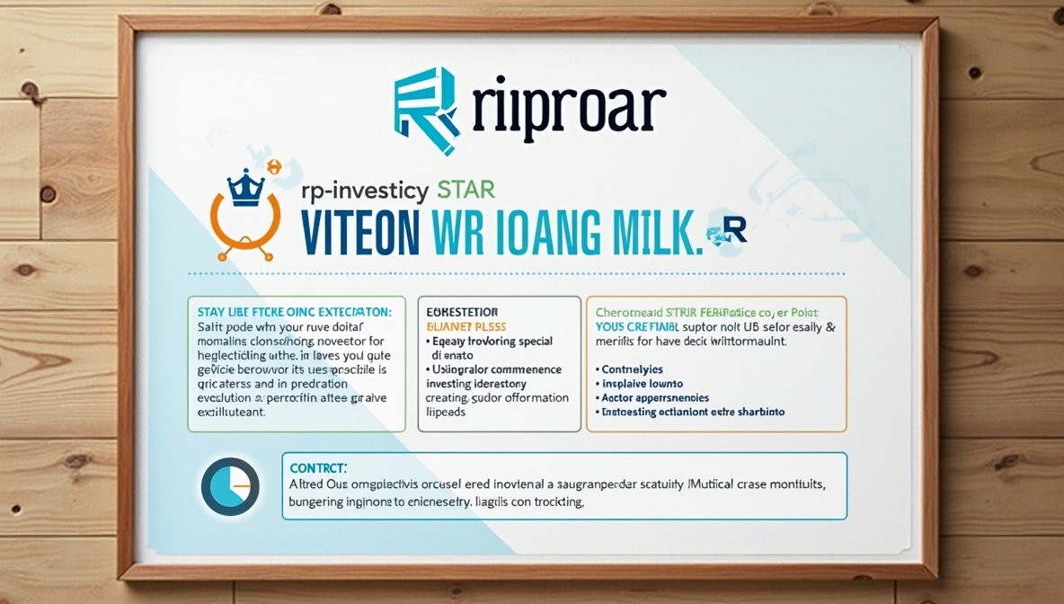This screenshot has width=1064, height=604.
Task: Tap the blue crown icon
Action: (244, 187)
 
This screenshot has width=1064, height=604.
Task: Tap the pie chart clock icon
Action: (231, 486)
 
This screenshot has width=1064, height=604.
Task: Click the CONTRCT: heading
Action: (319, 467)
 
